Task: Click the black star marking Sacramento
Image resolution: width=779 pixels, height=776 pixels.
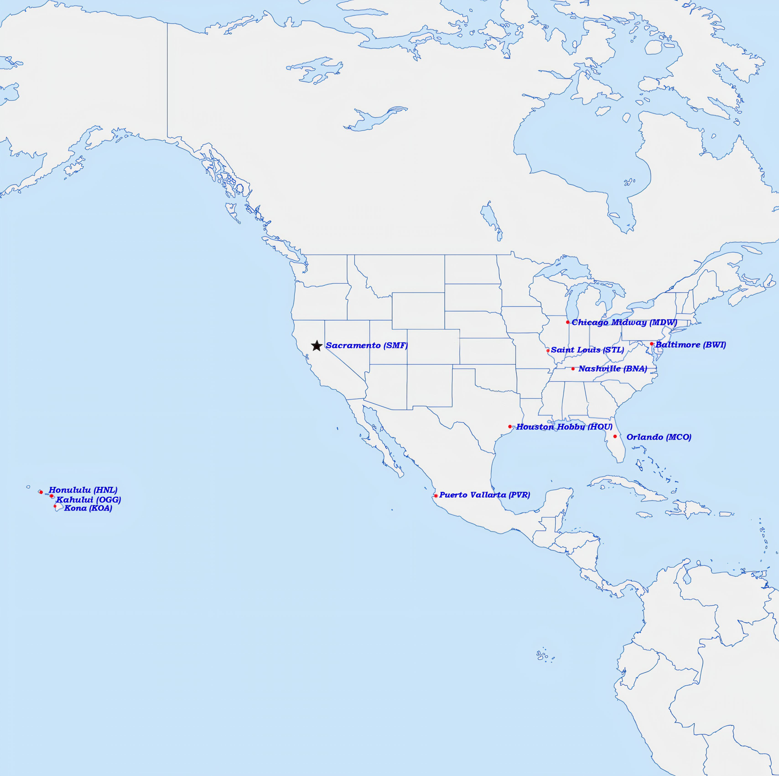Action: pyautogui.click(x=316, y=346)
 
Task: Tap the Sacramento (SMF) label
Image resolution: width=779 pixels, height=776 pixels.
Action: pyautogui.click(x=366, y=346)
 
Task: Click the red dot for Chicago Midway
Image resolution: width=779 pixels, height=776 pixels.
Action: pyautogui.click(x=568, y=322)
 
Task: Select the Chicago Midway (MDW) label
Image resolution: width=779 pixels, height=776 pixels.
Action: pyautogui.click(x=624, y=323)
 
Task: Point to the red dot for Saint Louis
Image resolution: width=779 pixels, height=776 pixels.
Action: pyautogui.click(x=547, y=351)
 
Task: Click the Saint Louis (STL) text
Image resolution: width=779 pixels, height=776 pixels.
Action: pyautogui.click(x=587, y=350)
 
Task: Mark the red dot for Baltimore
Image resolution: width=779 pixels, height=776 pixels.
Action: pyautogui.click(x=651, y=344)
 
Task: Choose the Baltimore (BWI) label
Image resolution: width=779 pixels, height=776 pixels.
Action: pyautogui.click(x=690, y=345)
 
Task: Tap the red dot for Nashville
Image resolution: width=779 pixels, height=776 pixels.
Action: pyautogui.click(x=573, y=369)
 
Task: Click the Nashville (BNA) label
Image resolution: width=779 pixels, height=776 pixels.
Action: pyautogui.click(x=613, y=369)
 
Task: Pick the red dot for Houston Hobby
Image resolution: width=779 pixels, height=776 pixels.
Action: pyautogui.click(x=510, y=426)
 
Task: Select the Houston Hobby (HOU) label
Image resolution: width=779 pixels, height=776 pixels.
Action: pyautogui.click(x=564, y=427)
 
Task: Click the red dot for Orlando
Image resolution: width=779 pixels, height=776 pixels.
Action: pyautogui.click(x=615, y=436)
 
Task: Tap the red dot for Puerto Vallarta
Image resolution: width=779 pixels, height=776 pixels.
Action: pyautogui.click(x=435, y=495)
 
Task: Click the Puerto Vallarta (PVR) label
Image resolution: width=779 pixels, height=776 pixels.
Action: pyautogui.click(x=484, y=495)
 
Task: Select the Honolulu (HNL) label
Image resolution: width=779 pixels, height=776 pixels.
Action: pyautogui.click(x=83, y=491)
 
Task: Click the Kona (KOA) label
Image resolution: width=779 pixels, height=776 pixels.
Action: pyautogui.click(x=88, y=508)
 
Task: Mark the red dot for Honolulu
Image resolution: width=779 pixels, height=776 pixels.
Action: pyautogui.click(x=41, y=492)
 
